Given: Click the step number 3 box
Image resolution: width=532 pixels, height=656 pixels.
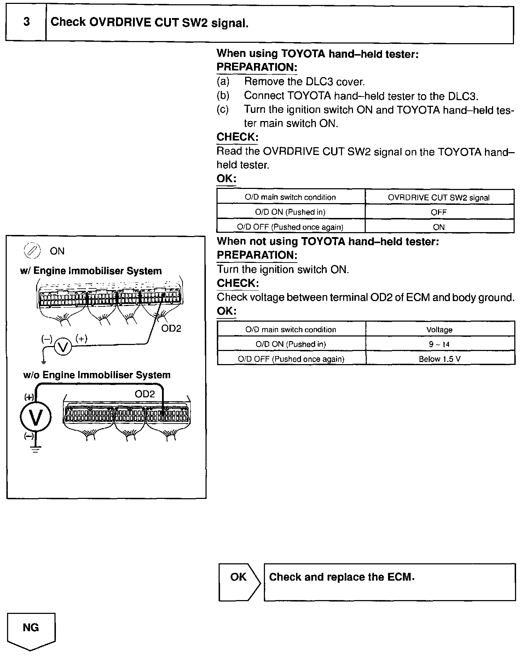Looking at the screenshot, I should click(26, 23).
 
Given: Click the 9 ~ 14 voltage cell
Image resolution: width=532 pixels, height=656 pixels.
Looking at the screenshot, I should click(440, 344).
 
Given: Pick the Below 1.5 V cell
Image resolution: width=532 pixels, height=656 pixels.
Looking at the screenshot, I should click(440, 359).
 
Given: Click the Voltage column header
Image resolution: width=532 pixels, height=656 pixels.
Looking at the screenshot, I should click(439, 329).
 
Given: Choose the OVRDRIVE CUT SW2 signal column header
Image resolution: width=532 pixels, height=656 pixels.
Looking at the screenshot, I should click(439, 197).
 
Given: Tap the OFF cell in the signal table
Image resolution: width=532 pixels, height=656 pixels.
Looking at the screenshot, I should click(439, 212).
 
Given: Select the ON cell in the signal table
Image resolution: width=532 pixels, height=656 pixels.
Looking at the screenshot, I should click(439, 227).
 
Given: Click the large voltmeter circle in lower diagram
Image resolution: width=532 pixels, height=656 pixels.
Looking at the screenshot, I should click(36, 416).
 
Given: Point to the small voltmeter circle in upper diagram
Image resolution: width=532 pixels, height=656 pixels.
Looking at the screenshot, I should click(63, 347).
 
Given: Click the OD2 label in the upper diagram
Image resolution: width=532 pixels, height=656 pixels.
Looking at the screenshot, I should click(171, 329).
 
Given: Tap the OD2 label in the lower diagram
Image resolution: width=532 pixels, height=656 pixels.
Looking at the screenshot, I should click(145, 394).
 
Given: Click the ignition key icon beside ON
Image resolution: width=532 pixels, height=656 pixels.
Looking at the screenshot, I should click(31, 251).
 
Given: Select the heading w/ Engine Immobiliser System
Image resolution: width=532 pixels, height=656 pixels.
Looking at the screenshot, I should click(91, 271).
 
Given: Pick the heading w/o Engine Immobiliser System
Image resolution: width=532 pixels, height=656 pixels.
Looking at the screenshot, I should click(97, 375).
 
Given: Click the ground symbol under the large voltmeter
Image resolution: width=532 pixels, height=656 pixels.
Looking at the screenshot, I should click(35, 450).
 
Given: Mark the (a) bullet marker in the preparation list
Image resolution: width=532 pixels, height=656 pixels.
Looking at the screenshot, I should click(223, 82).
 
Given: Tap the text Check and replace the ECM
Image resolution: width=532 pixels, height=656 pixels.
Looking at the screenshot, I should click(341, 577).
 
